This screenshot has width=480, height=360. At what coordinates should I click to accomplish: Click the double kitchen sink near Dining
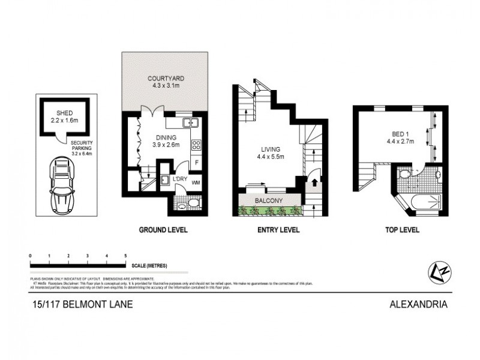pyautogui.click(x=191, y=123)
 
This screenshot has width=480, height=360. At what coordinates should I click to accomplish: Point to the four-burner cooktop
pyautogui.click(x=196, y=145)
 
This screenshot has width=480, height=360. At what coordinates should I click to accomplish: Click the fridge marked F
pyautogui.click(x=197, y=163)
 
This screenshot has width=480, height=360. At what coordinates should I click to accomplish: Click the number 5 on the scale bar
pyautogui.click(x=125, y=256)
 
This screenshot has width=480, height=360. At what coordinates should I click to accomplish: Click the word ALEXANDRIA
pyautogui.click(x=419, y=304)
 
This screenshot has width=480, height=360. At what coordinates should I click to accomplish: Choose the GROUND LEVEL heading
pyautogui.click(x=163, y=230)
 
